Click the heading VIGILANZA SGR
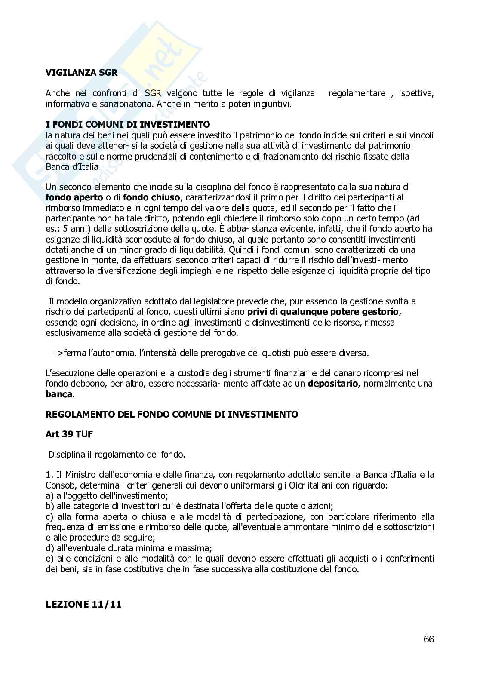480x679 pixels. pyautogui.click(x=81, y=73)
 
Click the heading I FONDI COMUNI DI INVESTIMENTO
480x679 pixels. pyautogui.click(x=128, y=125)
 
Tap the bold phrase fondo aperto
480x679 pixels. pyautogui.click(x=74, y=197)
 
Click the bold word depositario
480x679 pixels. pyautogui.click(x=333, y=384)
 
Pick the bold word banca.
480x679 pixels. pyautogui.click(x=60, y=394)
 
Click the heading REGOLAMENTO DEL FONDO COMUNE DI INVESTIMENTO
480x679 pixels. pyautogui.click(x=172, y=415)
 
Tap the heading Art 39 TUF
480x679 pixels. pyautogui.click(x=69, y=434)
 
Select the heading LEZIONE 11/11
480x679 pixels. pyautogui.click(x=83, y=604)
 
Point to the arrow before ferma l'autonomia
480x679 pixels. pyautogui.click(x=54, y=353)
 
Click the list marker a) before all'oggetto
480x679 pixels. pyautogui.click(x=49, y=496)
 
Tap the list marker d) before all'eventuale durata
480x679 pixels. pyautogui.click(x=49, y=548)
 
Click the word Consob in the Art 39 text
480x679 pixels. pyautogui.click(x=59, y=485)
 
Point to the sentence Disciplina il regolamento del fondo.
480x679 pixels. pyautogui.click(x=117, y=455)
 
